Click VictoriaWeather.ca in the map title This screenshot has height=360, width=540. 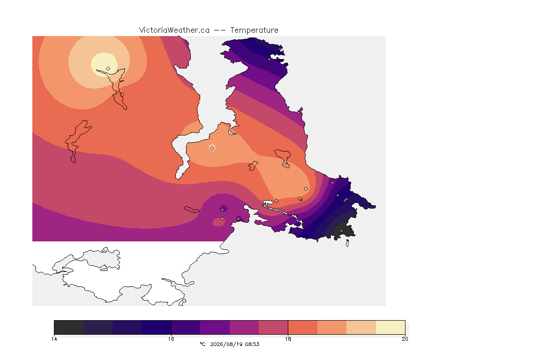click(174, 30)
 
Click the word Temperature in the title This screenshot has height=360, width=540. click(254, 30)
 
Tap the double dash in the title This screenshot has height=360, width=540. click(220, 30)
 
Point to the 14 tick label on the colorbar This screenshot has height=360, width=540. click(54, 339)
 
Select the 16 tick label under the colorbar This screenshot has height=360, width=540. click(171, 339)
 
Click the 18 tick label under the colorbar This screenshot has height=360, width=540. click(288, 339)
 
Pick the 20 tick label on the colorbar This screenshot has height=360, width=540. click(405, 339)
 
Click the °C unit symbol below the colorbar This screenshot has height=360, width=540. click(202, 344)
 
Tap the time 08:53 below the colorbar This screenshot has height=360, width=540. click(252, 344)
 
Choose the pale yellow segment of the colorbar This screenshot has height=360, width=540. click(390, 327)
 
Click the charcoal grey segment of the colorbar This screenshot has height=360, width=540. click(69, 327)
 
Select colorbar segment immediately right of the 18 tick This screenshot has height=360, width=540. click(303, 327)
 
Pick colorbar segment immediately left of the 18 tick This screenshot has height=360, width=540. click(273, 327)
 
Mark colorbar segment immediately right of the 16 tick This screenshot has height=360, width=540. click(186, 327)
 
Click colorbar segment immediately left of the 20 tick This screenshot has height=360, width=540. click(390, 327)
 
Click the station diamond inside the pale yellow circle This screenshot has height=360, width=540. click(108, 68)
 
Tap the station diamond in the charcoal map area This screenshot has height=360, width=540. click(341, 231)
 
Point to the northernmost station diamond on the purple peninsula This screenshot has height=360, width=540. click(270, 59)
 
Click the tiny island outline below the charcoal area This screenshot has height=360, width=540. click(347, 243)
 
